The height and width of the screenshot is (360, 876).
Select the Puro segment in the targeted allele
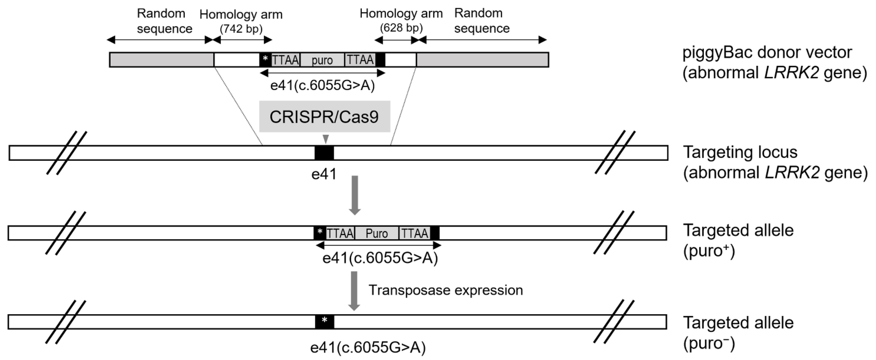click(376, 233)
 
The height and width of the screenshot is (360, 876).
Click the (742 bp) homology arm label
click(241, 29)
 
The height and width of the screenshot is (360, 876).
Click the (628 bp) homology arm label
click(401, 28)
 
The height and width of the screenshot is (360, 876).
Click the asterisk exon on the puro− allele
click(324, 322)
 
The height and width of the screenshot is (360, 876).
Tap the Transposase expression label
click(446, 290)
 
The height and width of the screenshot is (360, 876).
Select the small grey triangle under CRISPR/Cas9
click(326, 139)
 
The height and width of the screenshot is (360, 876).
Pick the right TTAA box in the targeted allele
click(414, 233)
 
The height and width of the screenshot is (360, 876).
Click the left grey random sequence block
click(161, 60)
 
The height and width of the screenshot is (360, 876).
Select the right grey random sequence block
click(482, 60)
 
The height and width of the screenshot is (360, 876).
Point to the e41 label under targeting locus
click(324, 174)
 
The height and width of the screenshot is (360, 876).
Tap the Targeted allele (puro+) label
click(738, 241)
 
